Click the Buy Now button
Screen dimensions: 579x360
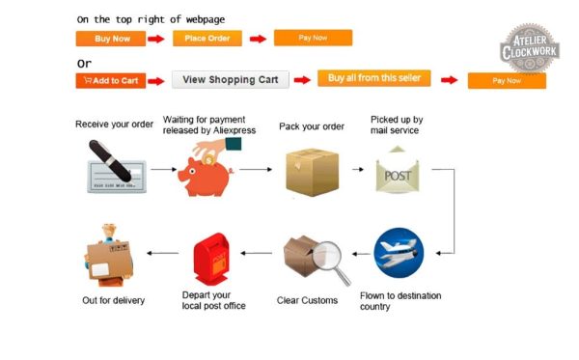[x=111, y=39]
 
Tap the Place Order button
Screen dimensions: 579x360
[x=207, y=39]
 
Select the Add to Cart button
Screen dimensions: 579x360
[x=111, y=81]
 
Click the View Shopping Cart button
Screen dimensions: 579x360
[x=231, y=80]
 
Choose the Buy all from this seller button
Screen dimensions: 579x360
[x=374, y=78]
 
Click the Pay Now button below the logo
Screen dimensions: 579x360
[x=507, y=81]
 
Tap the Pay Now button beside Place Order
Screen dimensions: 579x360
[x=313, y=38]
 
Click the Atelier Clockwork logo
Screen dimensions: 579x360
[x=530, y=48]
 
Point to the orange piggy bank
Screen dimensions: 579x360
[x=206, y=176]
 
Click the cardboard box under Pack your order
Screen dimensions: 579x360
[x=312, y=172]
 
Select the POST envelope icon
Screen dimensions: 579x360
[x=398, y=170]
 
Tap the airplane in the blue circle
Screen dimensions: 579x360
[x=399, y=253]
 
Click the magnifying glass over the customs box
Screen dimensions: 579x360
[x=329, y=260]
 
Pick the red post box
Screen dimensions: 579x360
[x=211, y=259]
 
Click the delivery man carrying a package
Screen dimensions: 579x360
[x=108, y=256]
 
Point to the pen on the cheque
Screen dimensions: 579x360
[x=110, y=160]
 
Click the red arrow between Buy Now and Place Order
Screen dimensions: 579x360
[x=155, y=39]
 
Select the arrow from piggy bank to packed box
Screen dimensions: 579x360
[x=256, y=170]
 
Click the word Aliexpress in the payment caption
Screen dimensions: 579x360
[x=234, y=130]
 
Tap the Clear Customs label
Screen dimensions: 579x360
[x=307, y=300]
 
